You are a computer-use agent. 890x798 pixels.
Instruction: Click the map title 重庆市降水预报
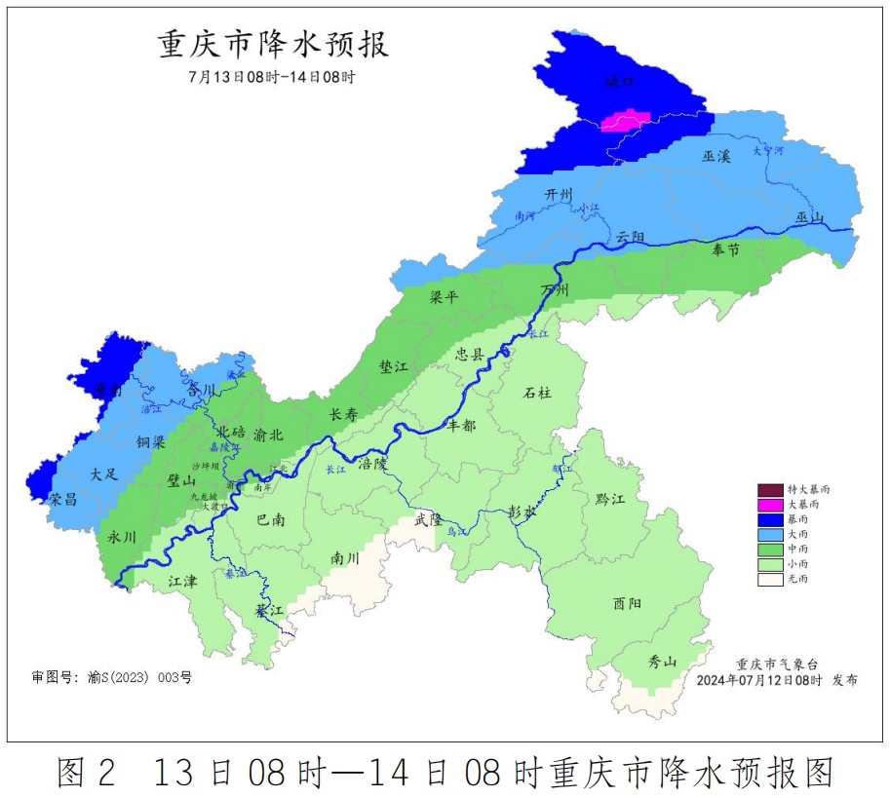tap(273, 45)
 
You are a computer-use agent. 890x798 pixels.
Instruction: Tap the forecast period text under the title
tap(272, 77)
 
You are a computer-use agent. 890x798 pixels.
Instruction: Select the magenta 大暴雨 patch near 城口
tap(624, 122)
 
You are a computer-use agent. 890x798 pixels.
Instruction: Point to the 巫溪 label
tap(716, 155)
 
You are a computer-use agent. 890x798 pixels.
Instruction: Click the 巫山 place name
tap(810, 217)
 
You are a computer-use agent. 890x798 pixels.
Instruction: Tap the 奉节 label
tap(726, 250)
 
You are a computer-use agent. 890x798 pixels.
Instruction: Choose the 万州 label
tap(556, 290)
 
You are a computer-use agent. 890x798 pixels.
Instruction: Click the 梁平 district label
tap(444, 297)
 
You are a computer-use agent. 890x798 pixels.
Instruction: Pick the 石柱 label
tap(537, 393)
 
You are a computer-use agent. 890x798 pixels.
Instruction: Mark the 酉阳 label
tap(628, 603)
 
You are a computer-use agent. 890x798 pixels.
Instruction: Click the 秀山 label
tap(663, 662)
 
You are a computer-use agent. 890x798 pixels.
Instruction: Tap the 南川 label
tap(345, 558)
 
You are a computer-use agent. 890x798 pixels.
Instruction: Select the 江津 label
tap(182, 581)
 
